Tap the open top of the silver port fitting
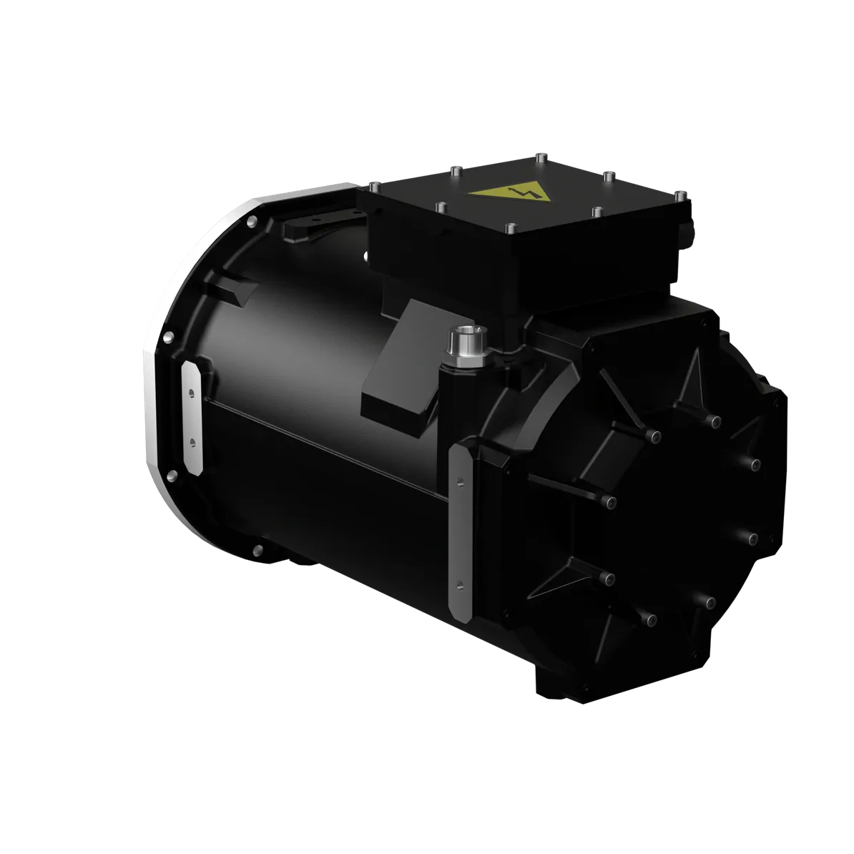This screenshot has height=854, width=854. click(466, 332)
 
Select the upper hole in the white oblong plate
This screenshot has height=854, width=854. click(192, 393)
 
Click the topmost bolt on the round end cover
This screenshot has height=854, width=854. click(713, 421)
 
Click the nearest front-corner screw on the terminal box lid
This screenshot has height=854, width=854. click(509, 228)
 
